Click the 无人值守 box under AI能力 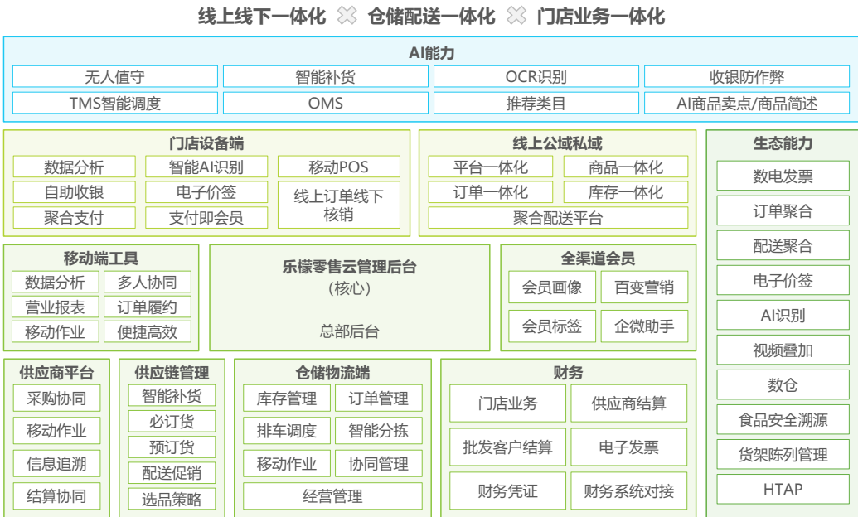[115, 77]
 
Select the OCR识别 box [536, 77]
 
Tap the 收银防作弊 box [746, 77]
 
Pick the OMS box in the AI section [326, 104]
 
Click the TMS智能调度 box [115, 104]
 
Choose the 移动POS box [338, 167]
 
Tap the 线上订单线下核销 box [338, 205]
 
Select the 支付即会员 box [206, 218]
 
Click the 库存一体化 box [626, 192]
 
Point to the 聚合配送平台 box [558, 218]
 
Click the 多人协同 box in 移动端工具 [147, 282]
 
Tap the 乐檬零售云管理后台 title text [349, 268]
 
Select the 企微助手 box [644, 326]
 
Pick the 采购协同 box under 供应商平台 [56, 399]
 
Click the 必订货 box [172, 422]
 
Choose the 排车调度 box [286, 431]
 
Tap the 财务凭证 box [507, 491]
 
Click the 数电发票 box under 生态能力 [783, 176]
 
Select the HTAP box [783, 489]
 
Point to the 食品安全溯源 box [783, 420]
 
